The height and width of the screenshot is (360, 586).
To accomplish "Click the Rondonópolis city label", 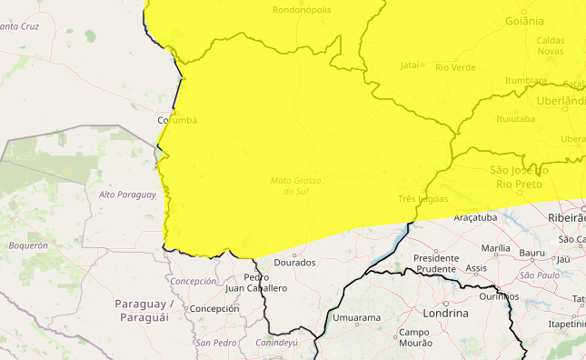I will pyautogui.click(x=303, y=11).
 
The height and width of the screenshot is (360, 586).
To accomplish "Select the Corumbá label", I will pyautogui.click(x=177, y=119).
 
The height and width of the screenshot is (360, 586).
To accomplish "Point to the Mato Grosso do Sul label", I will pyautogui.click(x=296, y=185).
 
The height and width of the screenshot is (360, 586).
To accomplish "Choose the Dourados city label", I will pyautogui.click(x=293, y=262).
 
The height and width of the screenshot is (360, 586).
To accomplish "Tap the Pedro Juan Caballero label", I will pyautogui.click(x=256, y=283).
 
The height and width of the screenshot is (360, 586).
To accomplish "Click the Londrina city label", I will pyautogui.click(x=446, y=313).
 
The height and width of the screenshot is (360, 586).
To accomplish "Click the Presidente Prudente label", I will pyautogui.click(x=436, y=264).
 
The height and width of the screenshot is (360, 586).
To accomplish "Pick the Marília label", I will pyautogui.click(x=495, y=247).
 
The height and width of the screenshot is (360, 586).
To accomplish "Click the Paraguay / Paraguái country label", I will pyautogui.click(x=143, y=310).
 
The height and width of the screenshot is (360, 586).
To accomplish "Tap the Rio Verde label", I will pyautogui.click(x=455, y=67).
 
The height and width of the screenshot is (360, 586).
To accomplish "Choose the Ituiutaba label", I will pyautogui.click(x=515, y=118).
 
